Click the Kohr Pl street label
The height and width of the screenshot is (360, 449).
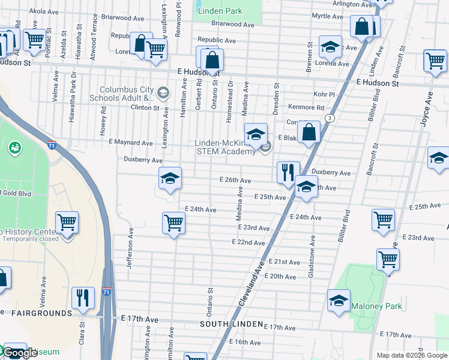[323, 95]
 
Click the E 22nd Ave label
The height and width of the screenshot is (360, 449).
[249, 242]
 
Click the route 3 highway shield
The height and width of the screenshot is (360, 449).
[329, 118]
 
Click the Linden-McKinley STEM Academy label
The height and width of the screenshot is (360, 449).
[224, 147]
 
